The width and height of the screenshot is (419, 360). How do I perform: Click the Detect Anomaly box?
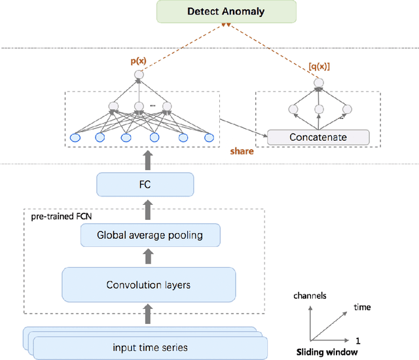pyautogui.click(x=226, y=11)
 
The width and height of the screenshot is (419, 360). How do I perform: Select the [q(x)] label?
pyautogui.click(x=319, y=67)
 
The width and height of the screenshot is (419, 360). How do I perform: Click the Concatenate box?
pyautogui.click(x=318, y=137)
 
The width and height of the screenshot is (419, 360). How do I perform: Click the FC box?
pyautogui.click(x=145, y=185)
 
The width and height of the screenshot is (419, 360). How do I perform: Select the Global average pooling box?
pyautogui.click(x=149, y=235)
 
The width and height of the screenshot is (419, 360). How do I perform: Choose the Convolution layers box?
pyautogui.click(x=148, y=284)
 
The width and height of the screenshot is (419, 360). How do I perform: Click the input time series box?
pyautogui.click(x=151, y=347)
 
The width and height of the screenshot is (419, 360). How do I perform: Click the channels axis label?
pyautogui.click(x=310, y=296)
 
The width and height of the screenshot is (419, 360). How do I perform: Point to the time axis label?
pyautogui.click(x=362, y=307)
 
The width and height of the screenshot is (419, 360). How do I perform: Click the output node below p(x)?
pyautogui.click(x=138, y=76)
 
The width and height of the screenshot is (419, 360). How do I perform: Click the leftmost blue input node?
pyautogui.click(x=75, y=137)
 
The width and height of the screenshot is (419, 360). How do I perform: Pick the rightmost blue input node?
pyautogui.click(x=209, y=137)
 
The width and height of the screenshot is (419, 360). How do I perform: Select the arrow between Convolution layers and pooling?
pyautogui.click(x=149, y=257)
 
